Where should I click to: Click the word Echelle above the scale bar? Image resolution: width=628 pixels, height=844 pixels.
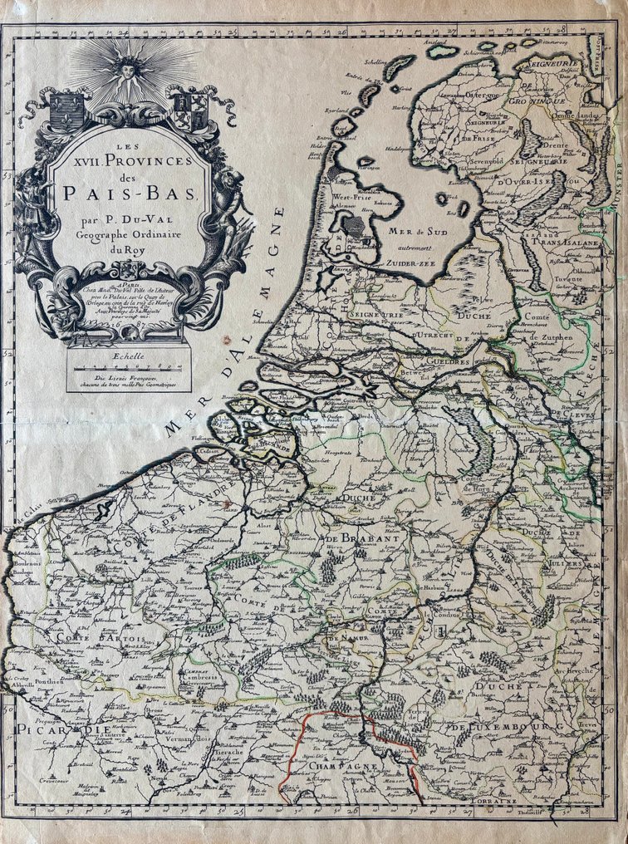point(127,356)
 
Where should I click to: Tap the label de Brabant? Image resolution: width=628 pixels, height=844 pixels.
point(363,540)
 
